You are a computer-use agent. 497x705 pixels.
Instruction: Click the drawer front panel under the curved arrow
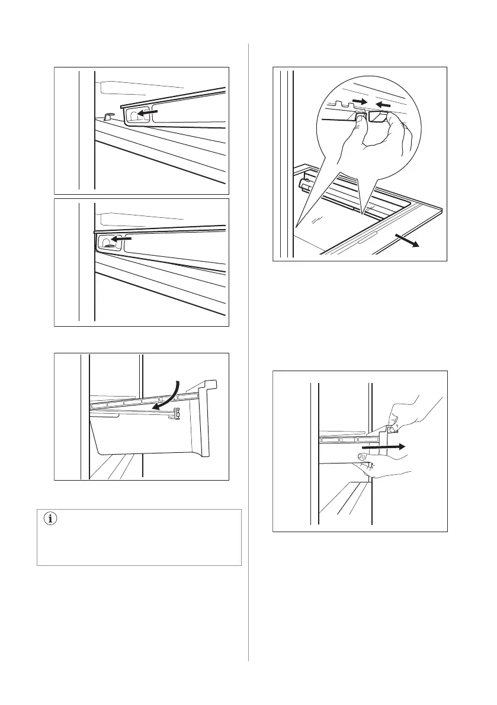(148, 435)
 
